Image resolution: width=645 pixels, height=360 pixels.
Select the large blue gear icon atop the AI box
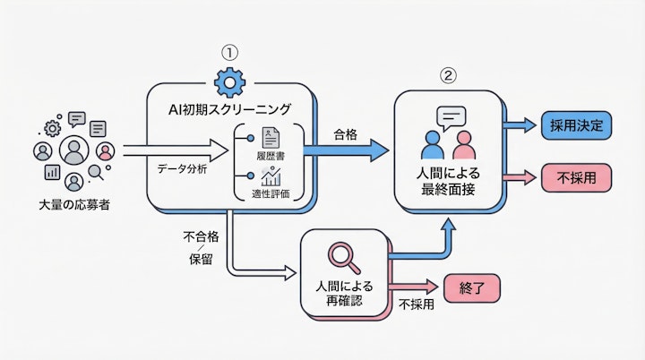click(230, 84)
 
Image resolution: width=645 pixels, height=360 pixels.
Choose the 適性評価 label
click(270, 193)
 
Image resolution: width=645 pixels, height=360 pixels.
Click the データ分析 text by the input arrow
click(183, 168)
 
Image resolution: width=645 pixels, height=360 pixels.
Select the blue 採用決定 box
click(577, 126)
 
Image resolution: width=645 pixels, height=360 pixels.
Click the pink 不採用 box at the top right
click(577, 178)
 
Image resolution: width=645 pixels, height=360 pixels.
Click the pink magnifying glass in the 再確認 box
click(342, 257)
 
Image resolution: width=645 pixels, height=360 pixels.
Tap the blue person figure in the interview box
click(433, 145)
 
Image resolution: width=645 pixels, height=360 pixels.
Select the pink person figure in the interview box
click(462, 145)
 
